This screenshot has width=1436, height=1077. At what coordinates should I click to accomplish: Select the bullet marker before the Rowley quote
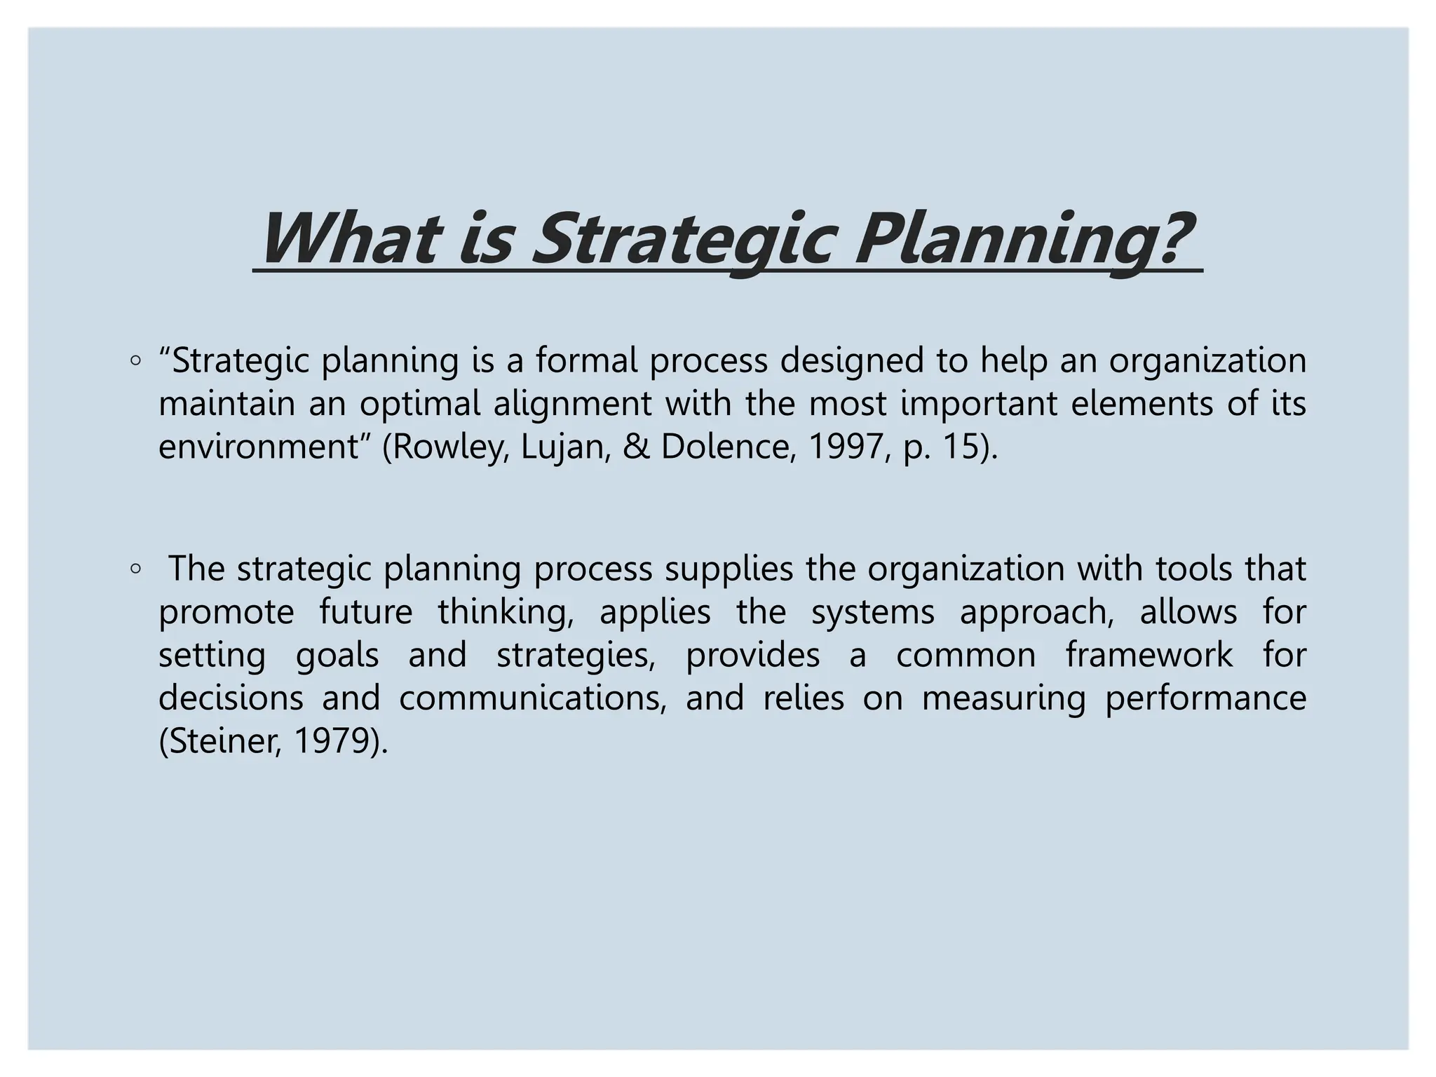click(135, 362)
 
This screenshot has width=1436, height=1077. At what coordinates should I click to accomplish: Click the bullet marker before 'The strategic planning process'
click(135, 569)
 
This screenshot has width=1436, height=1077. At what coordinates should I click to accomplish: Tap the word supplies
click(729, 569)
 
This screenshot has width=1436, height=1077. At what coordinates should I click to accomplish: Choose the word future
click(366, 611)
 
